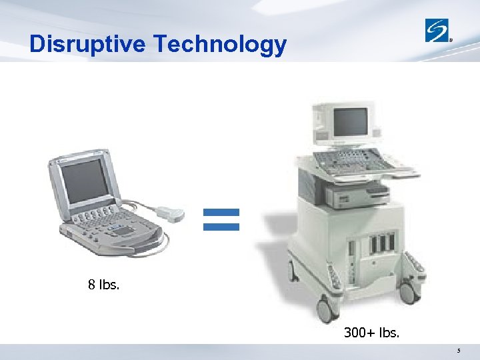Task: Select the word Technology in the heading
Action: click(220, 44)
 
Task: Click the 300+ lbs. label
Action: click(372, 331)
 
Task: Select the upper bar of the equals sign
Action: click(221, 213)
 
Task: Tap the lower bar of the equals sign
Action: click(221, 227)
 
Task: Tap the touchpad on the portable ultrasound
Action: click(123, 230)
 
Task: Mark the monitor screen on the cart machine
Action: click(350, 122)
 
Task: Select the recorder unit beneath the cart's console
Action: click(357, 195)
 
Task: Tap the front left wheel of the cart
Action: click(325, 309)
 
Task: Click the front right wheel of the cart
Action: click(409, 291)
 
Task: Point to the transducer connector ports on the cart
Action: click(381, 241)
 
